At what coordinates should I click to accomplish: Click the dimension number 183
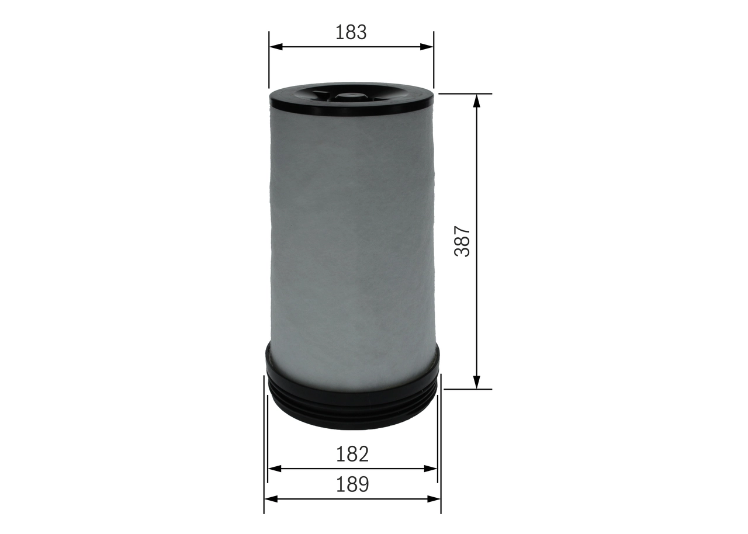[x=351, y=32]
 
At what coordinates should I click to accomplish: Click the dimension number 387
[x=463, y=241]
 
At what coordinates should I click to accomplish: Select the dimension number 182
[x=352, y=454]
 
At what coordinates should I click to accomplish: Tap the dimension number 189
[x=352, y=484]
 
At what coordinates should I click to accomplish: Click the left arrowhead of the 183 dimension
[x=275, y=47]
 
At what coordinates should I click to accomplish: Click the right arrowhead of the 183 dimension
[x=427, y=47]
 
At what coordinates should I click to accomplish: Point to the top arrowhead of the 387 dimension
[x=477, y=100]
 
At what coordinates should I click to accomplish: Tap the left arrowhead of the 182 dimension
[x=274, y=469]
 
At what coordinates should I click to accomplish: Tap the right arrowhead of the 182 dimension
[x=431, y=469]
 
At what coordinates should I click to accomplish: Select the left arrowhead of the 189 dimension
[x=271, y=499]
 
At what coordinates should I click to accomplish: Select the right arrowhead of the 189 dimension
[x=434, y=499]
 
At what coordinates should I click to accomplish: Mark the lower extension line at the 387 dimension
[x=467, y=389]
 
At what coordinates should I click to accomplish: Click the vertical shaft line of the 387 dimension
[x=477, y=175]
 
